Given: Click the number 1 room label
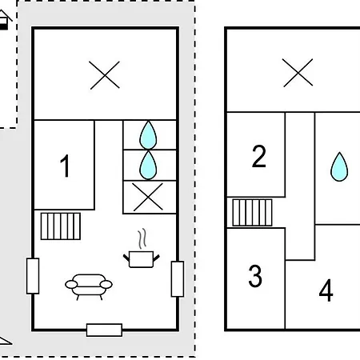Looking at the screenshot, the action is [65, 166].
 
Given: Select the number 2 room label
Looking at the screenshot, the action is [259, 156].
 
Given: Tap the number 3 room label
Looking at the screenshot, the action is [255, 276].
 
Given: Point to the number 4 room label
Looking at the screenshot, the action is [326, 290].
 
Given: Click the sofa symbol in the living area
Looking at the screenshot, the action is [89, 286].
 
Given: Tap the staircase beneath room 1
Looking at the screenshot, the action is [61, 226].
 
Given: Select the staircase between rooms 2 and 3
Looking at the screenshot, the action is [252, 213].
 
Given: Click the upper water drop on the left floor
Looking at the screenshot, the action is [148, 134].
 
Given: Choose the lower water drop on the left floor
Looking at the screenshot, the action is [148, 165].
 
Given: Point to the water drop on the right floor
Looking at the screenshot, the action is [339, 167].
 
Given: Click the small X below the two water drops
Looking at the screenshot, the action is [148, 197].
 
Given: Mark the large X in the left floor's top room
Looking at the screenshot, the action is [105, 75].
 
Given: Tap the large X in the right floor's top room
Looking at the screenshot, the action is [298, 73].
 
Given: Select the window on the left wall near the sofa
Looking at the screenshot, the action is [33, 276].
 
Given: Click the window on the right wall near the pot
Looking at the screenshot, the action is [178, 279].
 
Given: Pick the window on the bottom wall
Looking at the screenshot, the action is [105, 330].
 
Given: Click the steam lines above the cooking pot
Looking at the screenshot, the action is [142, 238].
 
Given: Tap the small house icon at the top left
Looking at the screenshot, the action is [5, 20].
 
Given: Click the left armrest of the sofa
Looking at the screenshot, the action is [71, 285].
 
